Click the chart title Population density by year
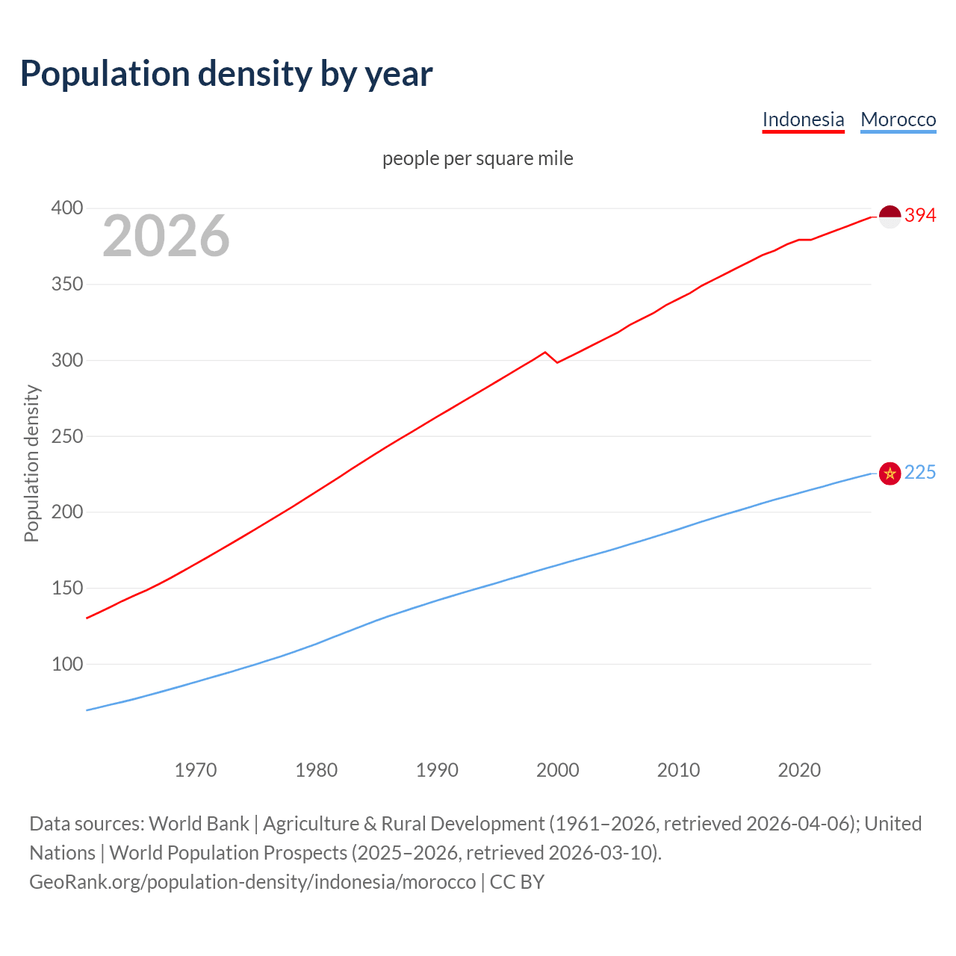pos(226,74)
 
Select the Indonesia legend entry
pos(803,119)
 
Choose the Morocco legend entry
pos(898,119)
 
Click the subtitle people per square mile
pos(478,158)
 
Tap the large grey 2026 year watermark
pos(166,236)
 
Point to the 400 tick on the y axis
pos(66,208)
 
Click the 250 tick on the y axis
pos(66,436)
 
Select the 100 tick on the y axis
pos(66,664)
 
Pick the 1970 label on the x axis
pos(196,770)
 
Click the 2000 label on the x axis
pos(557,770)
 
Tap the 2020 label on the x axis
pos(799,770)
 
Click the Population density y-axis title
pos(31,463)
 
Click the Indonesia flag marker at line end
pos(890,217)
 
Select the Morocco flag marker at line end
pos(890,474)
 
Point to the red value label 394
pos(920,216)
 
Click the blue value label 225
pos(920,473)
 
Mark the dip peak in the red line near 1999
pos(545,352)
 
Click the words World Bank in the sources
pos(199,824)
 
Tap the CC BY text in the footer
pos(517,882)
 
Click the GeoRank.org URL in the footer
pos(252,882)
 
